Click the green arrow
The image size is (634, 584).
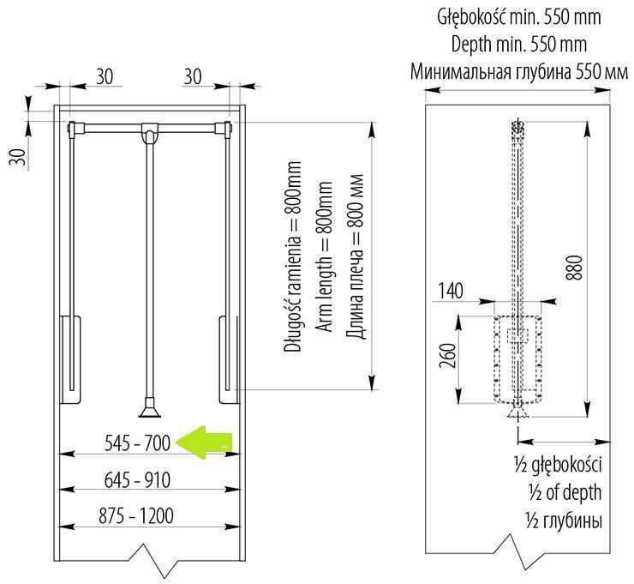click(203, 443)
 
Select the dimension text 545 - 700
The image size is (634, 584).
click(137, 443)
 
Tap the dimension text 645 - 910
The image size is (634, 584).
click(137, 480)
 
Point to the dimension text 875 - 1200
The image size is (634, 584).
click(136, 516)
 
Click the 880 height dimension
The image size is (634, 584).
click(574, 267)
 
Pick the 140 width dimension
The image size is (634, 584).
click(450, 290)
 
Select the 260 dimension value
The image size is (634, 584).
click(448, 355)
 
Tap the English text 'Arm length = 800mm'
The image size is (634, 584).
click(324, 256)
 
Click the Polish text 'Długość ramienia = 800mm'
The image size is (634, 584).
click(292, 256)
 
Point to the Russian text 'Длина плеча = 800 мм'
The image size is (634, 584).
click(355, 256)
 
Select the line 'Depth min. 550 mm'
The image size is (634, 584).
click(518, 44)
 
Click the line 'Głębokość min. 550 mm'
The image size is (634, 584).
click(518, 17)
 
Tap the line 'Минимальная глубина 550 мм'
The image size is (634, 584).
click(519, 72)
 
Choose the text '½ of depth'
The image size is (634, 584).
click(565, 492)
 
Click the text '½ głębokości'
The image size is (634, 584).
click(559, 464)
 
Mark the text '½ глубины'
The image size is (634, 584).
click(564, 520)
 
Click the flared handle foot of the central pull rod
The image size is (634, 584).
click(150, 408)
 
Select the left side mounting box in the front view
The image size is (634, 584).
click(70, 359)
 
